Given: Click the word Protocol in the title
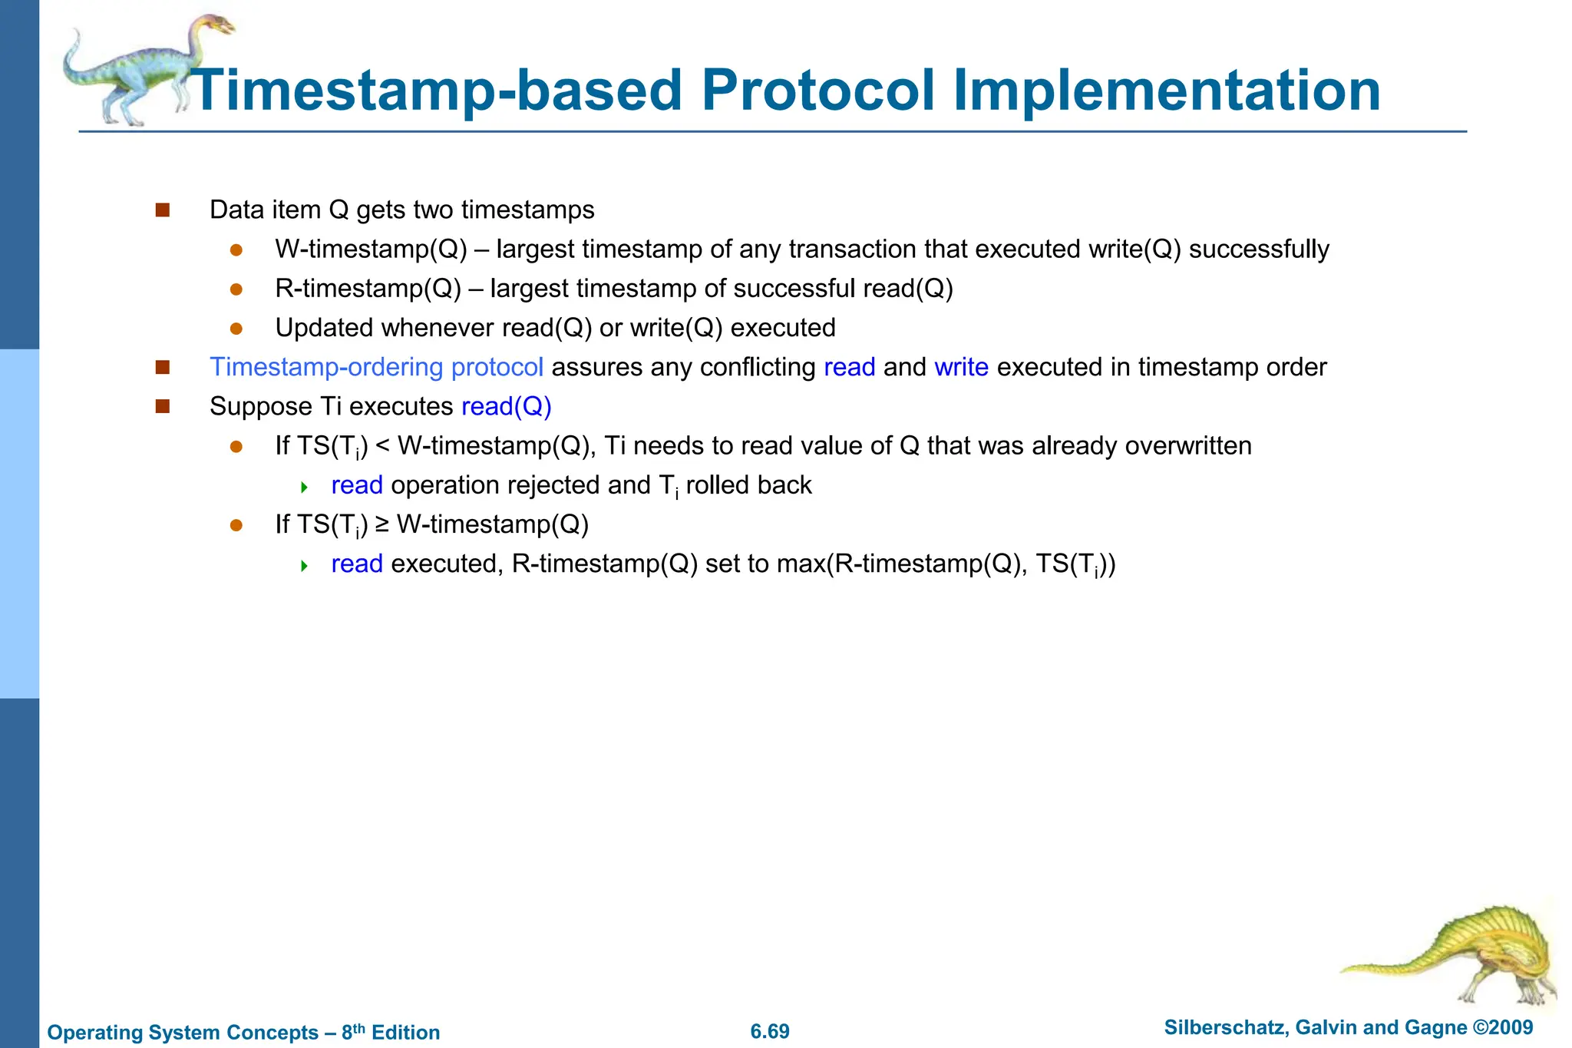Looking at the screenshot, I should [x=817, y=91].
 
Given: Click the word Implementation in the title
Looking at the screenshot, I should [x=1167, y=91].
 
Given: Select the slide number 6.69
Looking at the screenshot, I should [x=770, y=1031].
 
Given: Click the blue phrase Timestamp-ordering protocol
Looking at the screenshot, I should [x=376, y=367].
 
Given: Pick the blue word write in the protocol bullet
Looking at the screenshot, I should [x=961, y=367].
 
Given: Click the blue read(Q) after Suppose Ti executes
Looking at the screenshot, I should [x=507, y=406].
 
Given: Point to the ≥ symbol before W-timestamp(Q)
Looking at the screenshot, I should [x=382, y=524].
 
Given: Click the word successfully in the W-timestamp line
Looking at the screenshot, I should [x=1259, y=250].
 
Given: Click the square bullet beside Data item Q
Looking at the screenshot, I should [x=162, y=210].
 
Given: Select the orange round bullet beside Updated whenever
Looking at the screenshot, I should [x=236, y=329].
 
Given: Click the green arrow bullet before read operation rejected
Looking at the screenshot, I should [x=304, y=487].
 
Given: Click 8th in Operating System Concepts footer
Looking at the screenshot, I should [x=353, y=1031].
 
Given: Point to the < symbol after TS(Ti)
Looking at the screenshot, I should [x=383, y=446].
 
